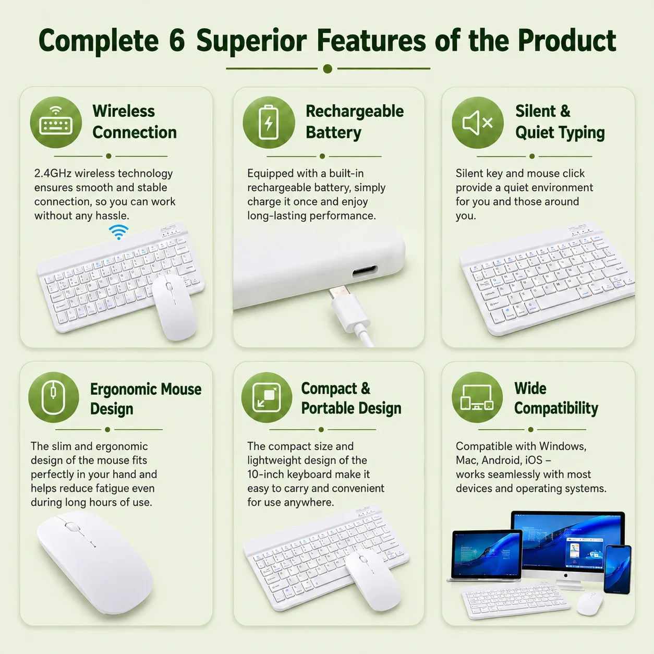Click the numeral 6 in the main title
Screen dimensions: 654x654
[177, 41]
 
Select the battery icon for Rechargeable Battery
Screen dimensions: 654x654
[269, 123]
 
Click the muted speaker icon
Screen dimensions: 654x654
[478, 123]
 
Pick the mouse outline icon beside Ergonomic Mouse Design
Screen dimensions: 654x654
[54, 397]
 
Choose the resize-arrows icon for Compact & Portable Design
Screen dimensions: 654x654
[267, 397]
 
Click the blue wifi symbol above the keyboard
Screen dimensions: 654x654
[119, 232]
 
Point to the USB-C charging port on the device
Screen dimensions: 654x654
[365, 271]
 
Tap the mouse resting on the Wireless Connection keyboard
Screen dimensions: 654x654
[174, 307]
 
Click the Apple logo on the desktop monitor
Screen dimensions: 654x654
[565, 576]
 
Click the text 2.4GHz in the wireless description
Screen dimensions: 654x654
[53, 174]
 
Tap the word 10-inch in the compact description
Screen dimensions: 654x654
[265, 474]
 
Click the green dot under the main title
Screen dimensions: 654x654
[328, 68]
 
